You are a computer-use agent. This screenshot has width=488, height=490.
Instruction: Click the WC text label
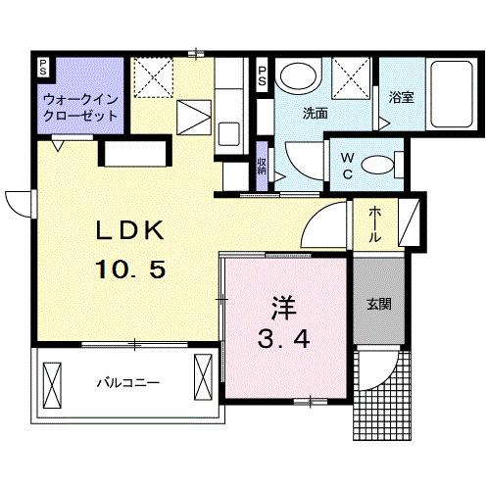tap(350, 164)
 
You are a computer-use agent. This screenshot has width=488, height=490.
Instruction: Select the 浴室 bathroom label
tap(400, 98)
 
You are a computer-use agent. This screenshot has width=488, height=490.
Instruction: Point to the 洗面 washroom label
tap(315, 112)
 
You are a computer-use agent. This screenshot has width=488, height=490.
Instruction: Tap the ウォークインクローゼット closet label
tap(80, 106)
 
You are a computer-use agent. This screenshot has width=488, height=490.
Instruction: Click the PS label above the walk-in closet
tap(42, 67)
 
